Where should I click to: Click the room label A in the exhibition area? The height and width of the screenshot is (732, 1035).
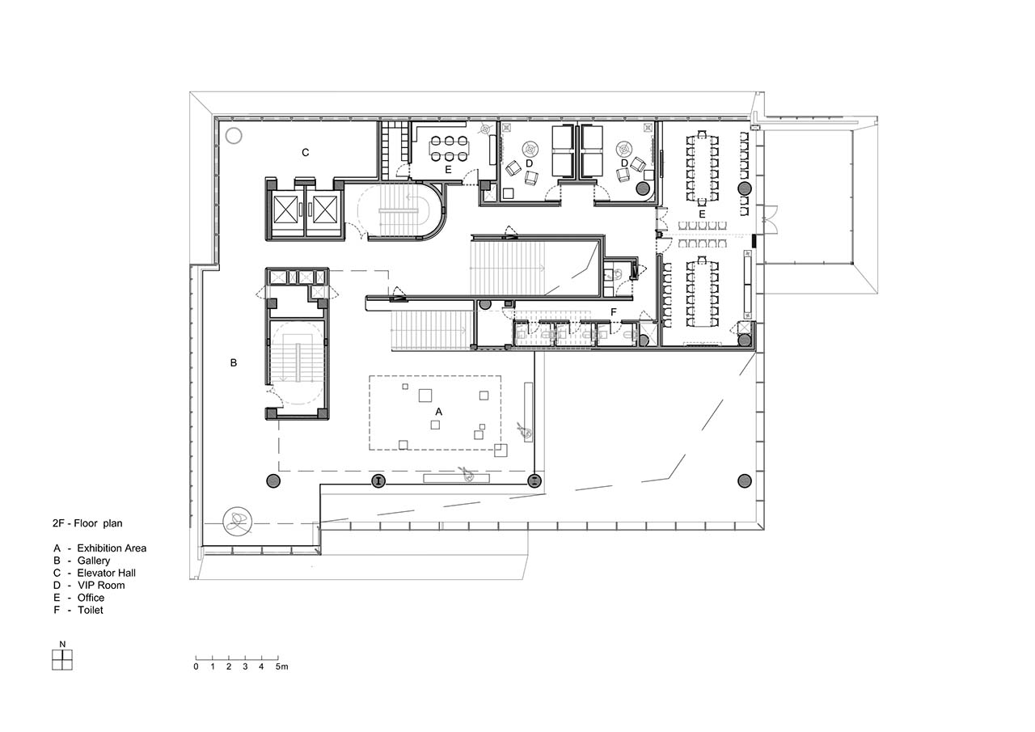[x=438, y=411]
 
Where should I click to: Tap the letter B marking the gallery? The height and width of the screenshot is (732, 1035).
[x=234, y=363]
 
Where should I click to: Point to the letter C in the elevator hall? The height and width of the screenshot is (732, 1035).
[x=305, y=152]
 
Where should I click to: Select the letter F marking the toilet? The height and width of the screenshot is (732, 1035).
[x=614, y=312]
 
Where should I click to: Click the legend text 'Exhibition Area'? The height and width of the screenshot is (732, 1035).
[x=112, y=548]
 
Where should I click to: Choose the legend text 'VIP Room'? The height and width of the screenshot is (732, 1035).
[x=101, y=585]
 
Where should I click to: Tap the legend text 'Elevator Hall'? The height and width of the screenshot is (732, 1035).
[x=106, y=573]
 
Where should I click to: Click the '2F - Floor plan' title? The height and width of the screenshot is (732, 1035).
[x=87, y=523]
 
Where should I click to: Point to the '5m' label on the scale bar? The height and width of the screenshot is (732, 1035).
[x=282, y=666]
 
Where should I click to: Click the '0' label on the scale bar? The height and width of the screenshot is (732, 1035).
[x=196, y=666]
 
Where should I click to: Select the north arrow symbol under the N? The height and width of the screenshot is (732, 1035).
[x=62, y=659]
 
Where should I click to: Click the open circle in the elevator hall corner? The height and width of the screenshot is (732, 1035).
[x=234, y=135]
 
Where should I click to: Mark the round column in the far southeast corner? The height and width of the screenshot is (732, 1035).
[x=744, y=481]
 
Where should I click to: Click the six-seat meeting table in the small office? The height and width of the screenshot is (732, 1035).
[x=449, y=149]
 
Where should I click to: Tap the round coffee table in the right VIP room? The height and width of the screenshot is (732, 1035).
[x=624, y=149]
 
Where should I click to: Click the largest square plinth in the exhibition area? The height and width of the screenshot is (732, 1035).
[x=425, y=396]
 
